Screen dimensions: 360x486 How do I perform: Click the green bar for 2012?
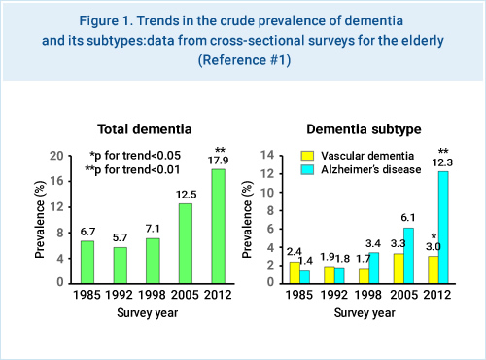(x=217, y=226)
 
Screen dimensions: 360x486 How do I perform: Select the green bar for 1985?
(x=87, y=262)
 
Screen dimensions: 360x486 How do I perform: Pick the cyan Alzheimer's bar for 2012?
(x=443, y=227)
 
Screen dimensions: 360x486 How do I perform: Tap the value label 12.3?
(x=443, y=162)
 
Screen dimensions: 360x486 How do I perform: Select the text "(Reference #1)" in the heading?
(x=243, y=59)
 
